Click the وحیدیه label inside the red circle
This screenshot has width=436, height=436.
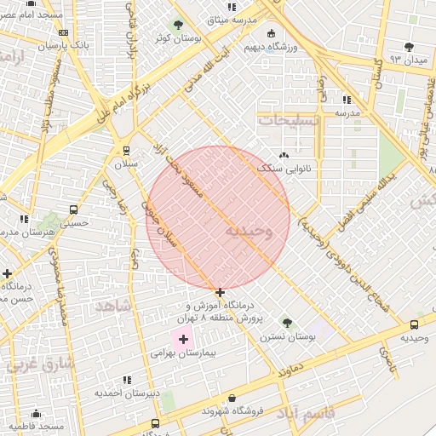point(250,232)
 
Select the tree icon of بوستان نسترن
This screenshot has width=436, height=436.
point(287,323)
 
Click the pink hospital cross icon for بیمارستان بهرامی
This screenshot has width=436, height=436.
point(183,339)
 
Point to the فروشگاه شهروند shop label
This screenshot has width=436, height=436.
point(233,411)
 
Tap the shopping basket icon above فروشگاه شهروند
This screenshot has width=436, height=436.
point(232,398)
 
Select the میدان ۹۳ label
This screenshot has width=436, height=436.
point(407,59)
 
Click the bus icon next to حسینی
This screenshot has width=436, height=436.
point(73,209)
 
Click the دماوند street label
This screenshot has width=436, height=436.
point(291,372)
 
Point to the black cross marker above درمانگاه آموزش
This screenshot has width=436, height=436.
point(221,292)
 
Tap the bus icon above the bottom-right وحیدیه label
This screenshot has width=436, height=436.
point(415,324)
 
